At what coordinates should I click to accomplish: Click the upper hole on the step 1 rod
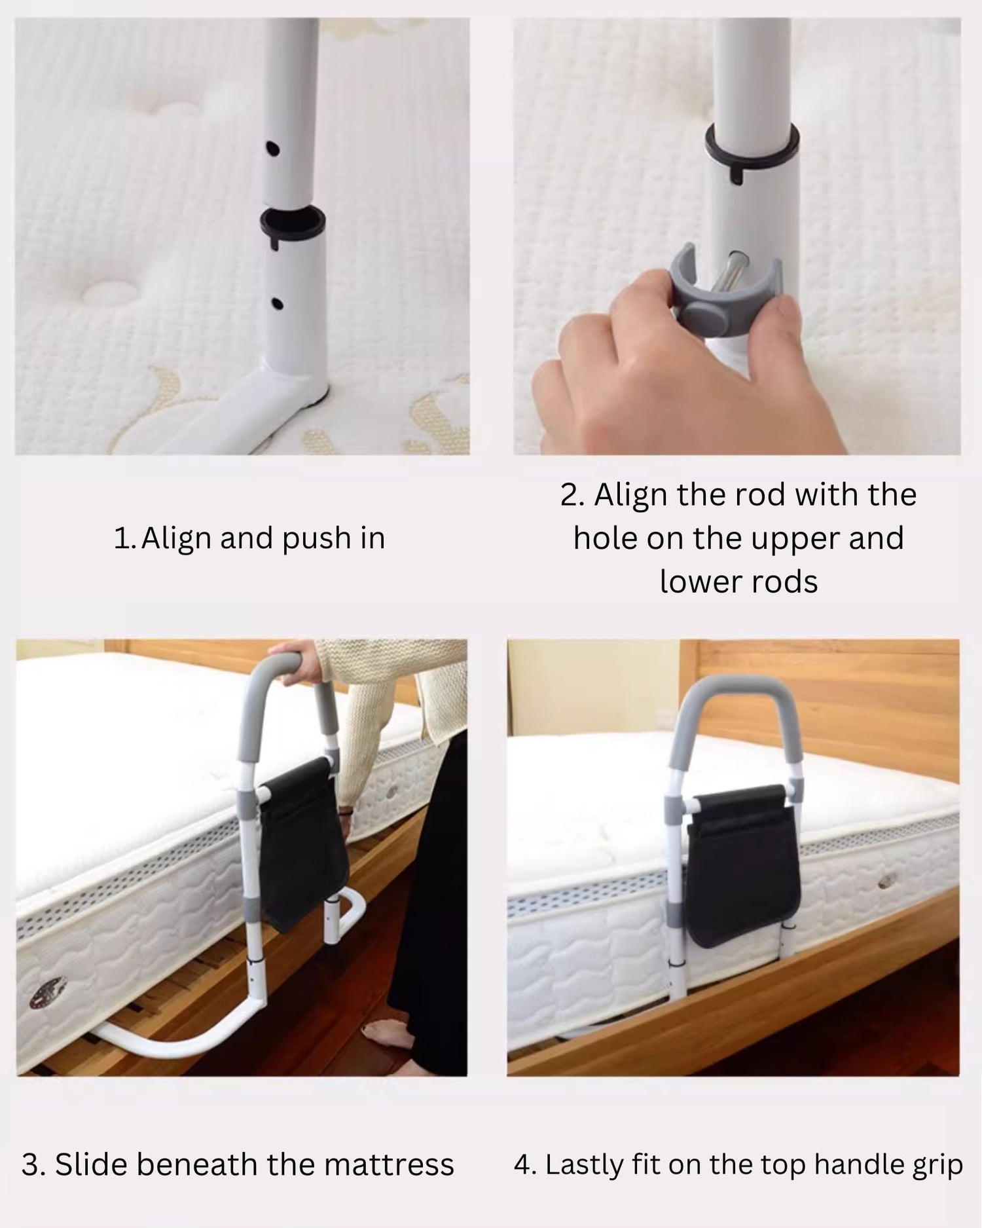point(273,149)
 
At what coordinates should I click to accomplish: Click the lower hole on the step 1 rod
point(277,304)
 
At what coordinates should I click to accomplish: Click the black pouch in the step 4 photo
point(741,865)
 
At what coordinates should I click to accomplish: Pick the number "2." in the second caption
point(573,495)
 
